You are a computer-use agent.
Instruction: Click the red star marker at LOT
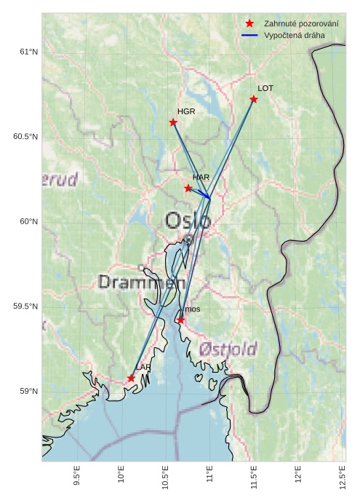point(254,99)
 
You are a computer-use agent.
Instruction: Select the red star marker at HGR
point(173,122)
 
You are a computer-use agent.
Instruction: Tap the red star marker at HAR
point(188,189)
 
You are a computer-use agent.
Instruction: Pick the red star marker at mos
point(180,320)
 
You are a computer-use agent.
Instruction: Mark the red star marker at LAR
point(131,379)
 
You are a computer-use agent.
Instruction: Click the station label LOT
point(265,88)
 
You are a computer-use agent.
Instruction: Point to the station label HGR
point(186,111)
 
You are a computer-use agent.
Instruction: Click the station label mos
point(192,309)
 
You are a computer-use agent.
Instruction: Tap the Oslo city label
point(188,220)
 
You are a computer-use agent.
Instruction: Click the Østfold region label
point(228,349)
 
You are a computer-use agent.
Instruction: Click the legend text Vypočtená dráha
point(295,35)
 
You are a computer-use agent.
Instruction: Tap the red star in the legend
point(249,24)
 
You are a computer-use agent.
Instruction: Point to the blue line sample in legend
point(249,35)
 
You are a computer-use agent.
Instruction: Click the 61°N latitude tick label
point(28,52)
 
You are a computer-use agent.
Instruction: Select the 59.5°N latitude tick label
point(25,306)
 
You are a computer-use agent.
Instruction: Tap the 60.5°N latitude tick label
point(25,137)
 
